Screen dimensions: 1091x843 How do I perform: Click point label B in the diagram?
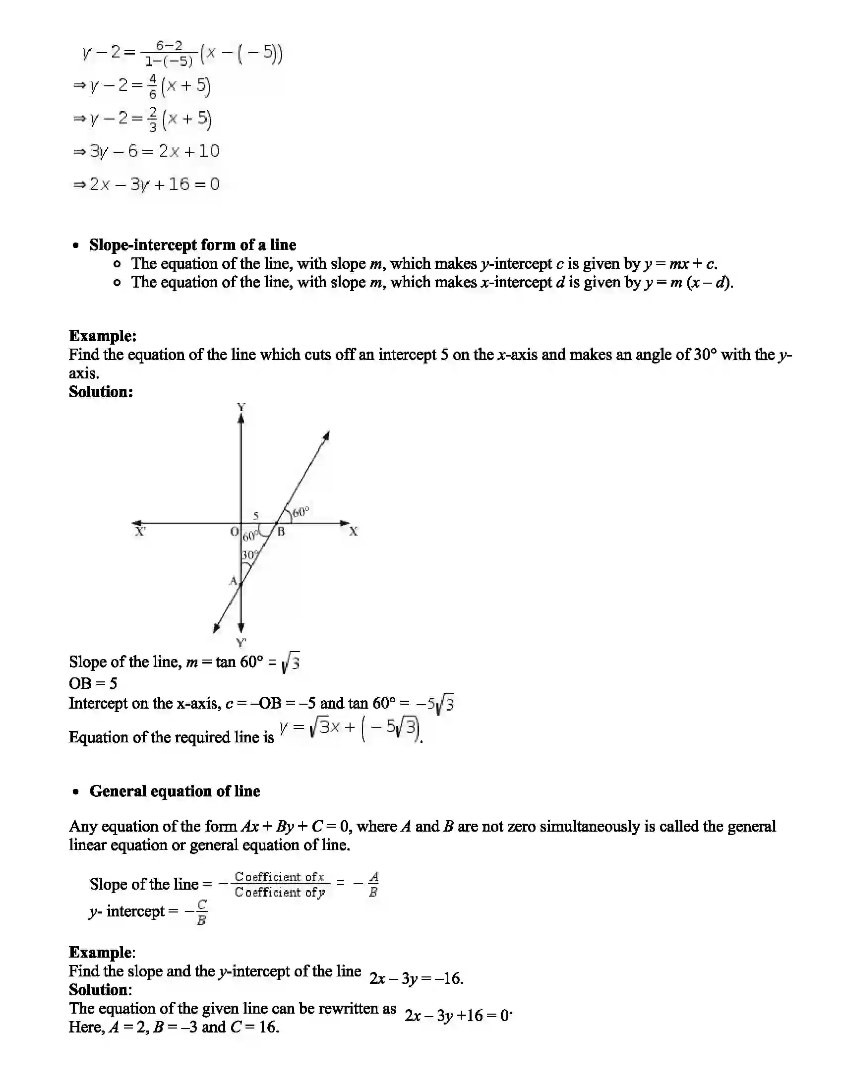[x=281, y=532]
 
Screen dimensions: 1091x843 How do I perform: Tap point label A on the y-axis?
[x=233, y=581]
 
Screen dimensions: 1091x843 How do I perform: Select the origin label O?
[x=234, y=532]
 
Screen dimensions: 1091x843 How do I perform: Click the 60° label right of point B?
[x=301, y=512]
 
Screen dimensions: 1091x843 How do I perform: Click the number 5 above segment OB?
[x=256, y=516]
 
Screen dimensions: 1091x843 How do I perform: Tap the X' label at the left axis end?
[x=140, y=532]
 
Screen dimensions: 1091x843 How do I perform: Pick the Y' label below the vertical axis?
[x=241, y=642]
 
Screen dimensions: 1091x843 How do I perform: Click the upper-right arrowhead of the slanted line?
[x=326, y=435]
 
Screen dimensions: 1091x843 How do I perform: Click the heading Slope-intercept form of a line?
[x=193, y=245]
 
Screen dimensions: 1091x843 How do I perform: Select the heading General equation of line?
[x=175, y=791]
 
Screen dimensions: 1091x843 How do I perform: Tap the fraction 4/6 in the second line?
[x=152, y=86]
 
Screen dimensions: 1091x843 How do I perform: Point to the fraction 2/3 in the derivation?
[x=152, y=119]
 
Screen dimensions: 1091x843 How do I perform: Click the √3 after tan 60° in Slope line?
[x=291, y=663]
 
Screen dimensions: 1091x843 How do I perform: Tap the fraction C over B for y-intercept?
[x=201, y=912]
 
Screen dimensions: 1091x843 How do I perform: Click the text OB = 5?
[x=93, y=683]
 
